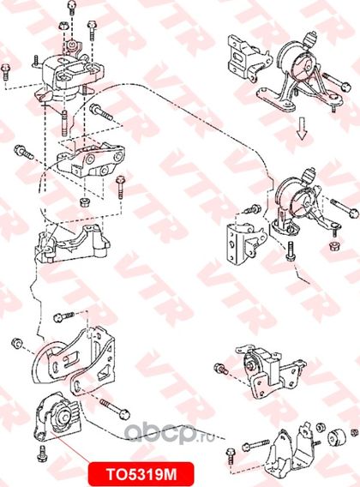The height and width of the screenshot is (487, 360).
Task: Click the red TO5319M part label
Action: click(141, 474)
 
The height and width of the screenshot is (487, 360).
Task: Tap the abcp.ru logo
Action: click(170, 433)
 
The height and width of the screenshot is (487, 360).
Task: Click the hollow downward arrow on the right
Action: click(302, 129)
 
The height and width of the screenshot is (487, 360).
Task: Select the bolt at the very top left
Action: click(72, 8)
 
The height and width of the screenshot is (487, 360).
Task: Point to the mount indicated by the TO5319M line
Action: click(57, 416)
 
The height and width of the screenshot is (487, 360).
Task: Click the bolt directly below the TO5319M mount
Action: click(42, 454)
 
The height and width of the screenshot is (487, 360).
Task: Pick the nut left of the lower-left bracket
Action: click(16, 344)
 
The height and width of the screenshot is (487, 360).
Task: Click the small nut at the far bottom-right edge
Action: click(354, 432)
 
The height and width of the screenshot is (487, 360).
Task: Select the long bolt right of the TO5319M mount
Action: click(115, 409)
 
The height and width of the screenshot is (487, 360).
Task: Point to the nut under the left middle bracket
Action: click(84, 202)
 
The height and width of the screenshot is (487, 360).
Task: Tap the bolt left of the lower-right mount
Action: click(221, 369)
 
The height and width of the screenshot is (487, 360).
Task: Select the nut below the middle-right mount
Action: click(334, 247)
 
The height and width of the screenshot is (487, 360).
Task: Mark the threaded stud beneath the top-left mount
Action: click(64, 123)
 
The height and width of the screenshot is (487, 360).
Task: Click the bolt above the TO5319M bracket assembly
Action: click(63, 317)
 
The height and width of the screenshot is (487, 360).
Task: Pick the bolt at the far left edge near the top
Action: click(6, 72)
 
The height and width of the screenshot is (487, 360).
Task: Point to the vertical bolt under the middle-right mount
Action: click(291, 251)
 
